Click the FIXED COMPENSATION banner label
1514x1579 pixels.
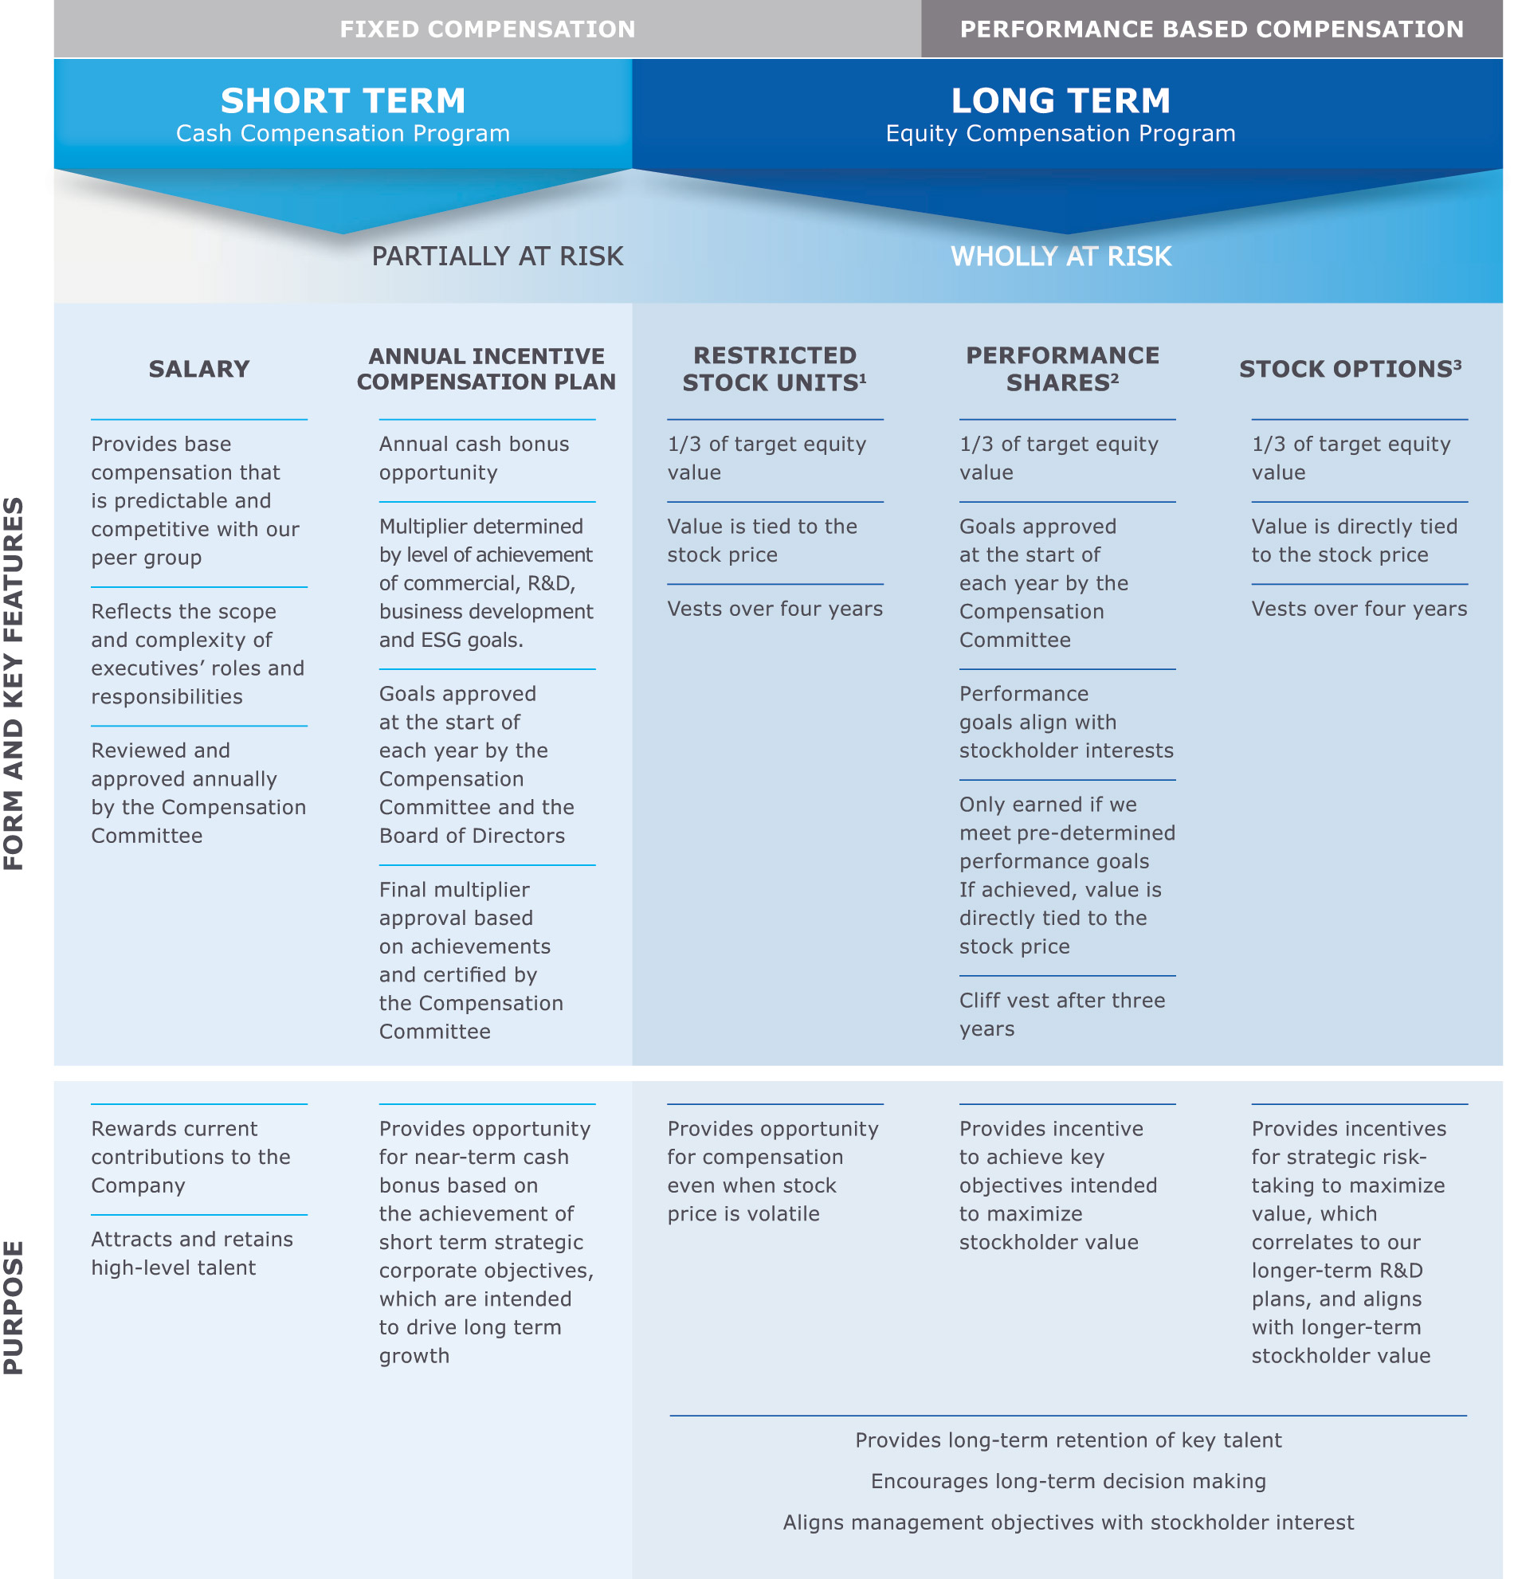pos(487,29)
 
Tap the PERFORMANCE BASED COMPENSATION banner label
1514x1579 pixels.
pos(1210,29)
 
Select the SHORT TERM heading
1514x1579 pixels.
pos(343,101)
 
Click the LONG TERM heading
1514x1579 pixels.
pos(1060,101)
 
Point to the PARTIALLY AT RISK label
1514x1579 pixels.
pos(497,257)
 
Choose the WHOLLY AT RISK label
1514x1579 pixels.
pos(1060,257)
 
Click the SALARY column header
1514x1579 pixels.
pos(199,369)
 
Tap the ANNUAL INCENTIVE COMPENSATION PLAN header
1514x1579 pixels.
pos(486,369)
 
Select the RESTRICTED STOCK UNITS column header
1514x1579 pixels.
pos(774,369)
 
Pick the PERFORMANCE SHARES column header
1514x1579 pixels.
pos(1061,369)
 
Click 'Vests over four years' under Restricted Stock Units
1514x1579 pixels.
pos(774,609)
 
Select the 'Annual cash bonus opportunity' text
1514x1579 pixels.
pos(473,458)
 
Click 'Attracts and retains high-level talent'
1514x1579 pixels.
pos(192,1252)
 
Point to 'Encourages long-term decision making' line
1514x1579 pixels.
pos(1068,1481)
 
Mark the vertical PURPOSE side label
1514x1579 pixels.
pos(14,1306)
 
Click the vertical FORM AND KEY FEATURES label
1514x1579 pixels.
pos(14,684)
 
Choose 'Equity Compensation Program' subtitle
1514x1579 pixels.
pos(1060,134)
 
